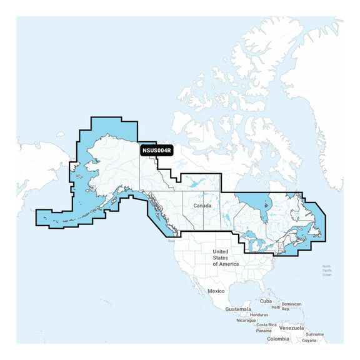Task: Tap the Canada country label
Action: (201, 205)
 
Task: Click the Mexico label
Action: (216, 291)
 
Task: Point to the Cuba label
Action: (266, 301)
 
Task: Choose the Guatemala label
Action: (238, 309)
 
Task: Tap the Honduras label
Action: (259, 314)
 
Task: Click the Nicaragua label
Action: (246, 320)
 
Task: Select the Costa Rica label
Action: (267, 325)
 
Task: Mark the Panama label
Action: (264, 331)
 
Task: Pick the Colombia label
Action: (278, 339)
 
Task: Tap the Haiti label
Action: (276, 307)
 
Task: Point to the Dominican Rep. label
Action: (291, 306)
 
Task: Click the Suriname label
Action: (315, 334)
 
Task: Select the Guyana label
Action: (309, 341)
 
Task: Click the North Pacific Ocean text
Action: (326, 271)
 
